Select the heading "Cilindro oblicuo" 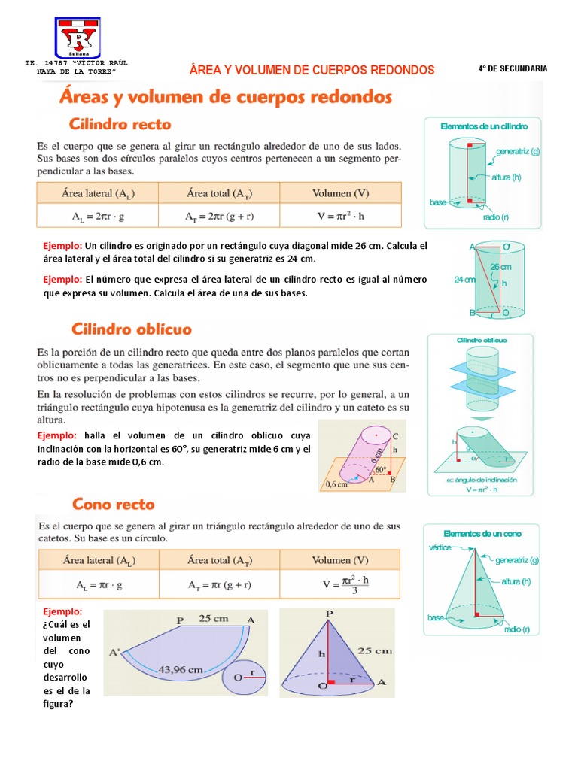132,329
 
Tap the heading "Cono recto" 113,503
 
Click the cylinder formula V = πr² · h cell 340,215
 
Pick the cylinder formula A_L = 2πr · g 98,215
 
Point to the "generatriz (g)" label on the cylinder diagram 518,151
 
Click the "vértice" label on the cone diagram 440,547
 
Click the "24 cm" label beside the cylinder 464,279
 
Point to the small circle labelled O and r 245,678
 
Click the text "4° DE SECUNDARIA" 513,68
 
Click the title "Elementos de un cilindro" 478,126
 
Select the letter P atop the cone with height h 328,614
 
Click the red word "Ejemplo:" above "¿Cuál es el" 63,611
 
